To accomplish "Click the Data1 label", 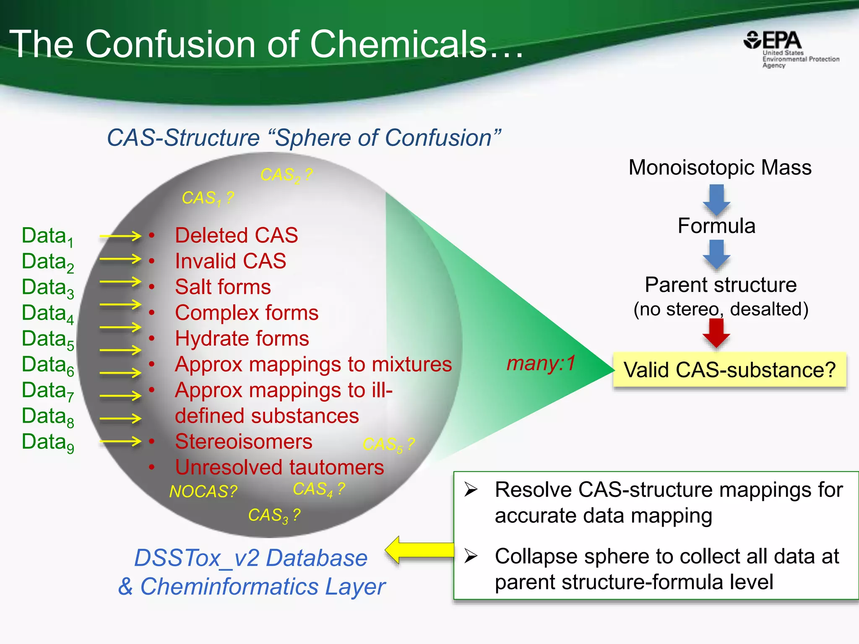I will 47,236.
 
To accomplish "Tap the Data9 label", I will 47,442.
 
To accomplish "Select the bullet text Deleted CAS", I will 236,235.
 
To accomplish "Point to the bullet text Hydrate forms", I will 242,338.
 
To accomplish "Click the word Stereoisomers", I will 243,441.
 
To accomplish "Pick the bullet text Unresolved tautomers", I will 279,467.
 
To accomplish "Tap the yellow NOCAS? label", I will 203,491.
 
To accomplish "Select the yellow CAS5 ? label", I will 388,444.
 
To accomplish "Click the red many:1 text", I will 541,363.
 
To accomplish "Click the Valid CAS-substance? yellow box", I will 729,370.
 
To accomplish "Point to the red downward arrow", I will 716,333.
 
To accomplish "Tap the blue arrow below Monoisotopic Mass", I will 716,200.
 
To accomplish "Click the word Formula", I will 716,226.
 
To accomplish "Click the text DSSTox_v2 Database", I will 250,558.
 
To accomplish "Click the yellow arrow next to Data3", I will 120,282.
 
